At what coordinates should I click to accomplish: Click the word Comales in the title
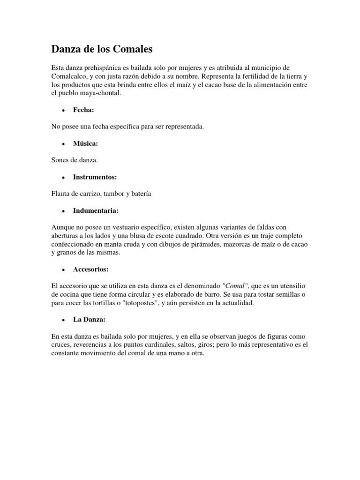(129, 49)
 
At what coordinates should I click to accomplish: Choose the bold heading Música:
(85, 143)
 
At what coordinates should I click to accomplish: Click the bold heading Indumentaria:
(96, 211)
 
